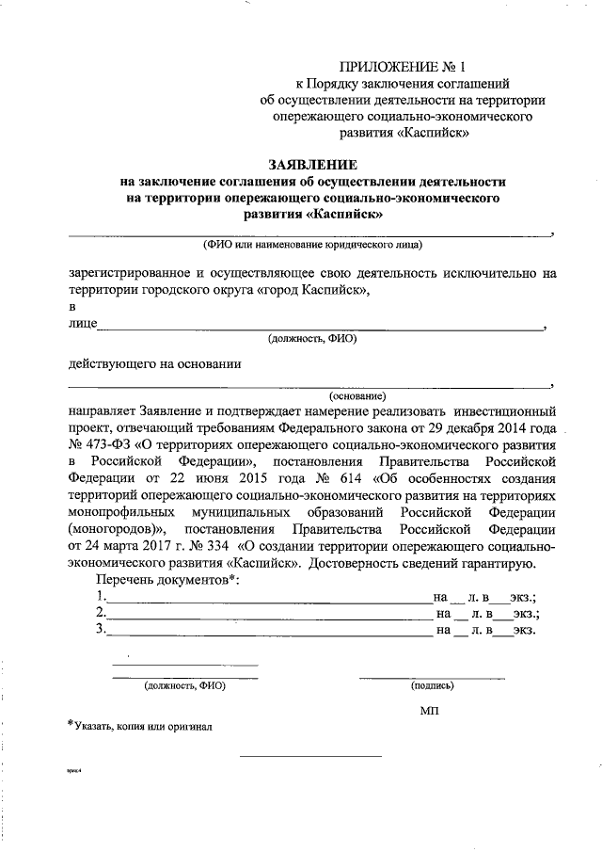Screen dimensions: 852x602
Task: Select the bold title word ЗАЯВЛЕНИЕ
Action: tap(311, 164)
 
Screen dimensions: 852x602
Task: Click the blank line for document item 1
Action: tap(268, 599)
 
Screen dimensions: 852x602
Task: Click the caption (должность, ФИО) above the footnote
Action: tap(184, 686)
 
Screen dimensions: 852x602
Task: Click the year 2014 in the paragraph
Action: tap(506, 427)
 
